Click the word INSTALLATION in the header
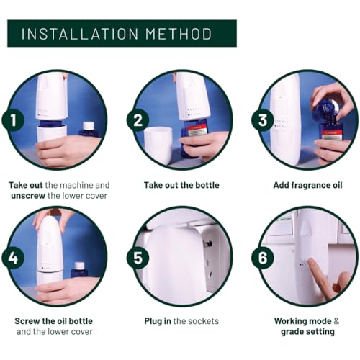80,34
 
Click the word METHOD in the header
179,34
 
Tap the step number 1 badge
13,120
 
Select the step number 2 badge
138,120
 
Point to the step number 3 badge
263,120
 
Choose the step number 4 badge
13,258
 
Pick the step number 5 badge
138,258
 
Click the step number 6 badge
263,258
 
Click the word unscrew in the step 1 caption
28,196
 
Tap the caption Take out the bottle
181,185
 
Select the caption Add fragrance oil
307,185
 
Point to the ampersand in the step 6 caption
336,321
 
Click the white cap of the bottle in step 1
89,125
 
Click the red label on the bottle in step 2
197,131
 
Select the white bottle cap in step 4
79,266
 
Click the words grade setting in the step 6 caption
307,332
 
